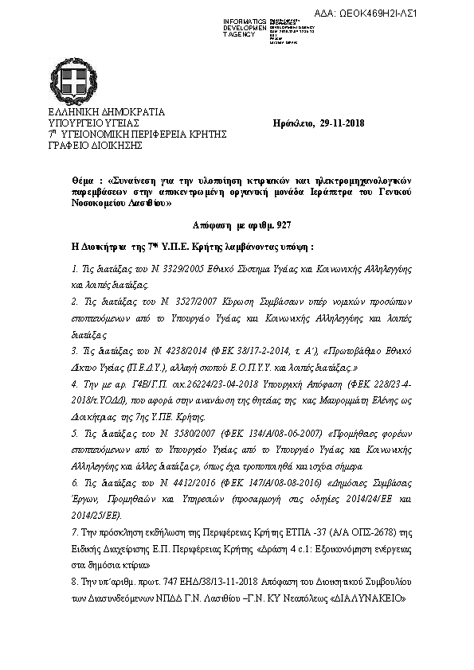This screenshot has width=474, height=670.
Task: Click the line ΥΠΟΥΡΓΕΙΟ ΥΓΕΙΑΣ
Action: point(94,124)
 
